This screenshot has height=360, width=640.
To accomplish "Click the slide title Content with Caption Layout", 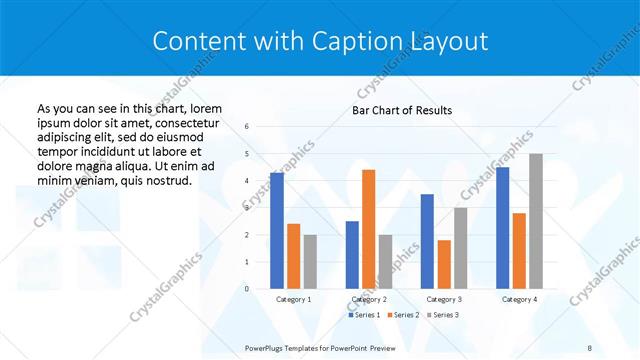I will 320,41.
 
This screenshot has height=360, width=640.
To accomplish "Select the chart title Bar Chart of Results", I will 402,110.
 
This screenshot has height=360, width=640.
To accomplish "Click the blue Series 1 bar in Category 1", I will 277,231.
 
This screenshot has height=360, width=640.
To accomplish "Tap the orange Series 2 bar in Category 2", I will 368,229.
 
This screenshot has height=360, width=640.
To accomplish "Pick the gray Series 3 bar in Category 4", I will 536,221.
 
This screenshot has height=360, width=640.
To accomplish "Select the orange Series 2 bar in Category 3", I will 444,264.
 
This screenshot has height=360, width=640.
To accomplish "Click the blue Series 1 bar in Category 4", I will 503,228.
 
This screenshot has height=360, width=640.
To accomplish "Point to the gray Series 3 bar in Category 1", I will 310,261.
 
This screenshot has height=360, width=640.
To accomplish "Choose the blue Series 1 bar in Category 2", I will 352,255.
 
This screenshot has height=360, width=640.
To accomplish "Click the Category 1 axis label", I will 293,299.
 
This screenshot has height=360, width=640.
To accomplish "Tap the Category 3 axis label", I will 444,299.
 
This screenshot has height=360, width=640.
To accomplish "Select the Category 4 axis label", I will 519,299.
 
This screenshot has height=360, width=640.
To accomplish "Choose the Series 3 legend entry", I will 444,315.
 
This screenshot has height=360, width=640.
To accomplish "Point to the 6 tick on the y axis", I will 247,127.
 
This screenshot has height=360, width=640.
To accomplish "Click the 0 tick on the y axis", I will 247,289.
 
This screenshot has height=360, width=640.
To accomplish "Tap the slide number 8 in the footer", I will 589,347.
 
